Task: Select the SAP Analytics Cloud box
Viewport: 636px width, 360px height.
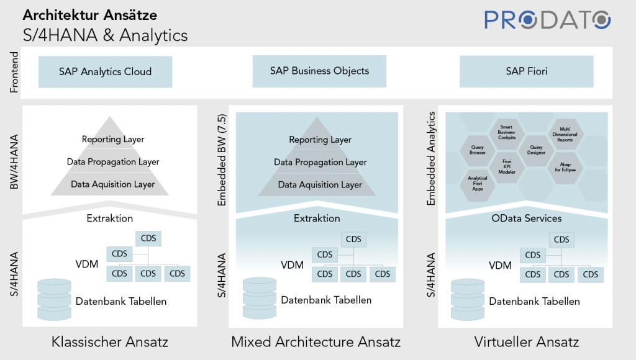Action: (x=106, y=71)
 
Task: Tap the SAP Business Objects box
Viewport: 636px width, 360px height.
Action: (x=319, y=71)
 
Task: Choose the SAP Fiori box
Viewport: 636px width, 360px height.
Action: (x=526, y=71)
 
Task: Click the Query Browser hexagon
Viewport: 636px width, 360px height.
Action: (x=478, y=149)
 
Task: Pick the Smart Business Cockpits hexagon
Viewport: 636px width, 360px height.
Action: (x=507, y=132)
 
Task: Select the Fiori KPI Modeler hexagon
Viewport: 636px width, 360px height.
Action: (x=507, y=166)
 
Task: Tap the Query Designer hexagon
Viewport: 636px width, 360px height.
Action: (x=535, y=149)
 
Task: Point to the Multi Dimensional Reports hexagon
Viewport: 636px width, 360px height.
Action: (x=565, y=133)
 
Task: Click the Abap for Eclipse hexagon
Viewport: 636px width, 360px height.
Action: (x=565, y=166)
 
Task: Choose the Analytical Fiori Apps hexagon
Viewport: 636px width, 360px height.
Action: (x=478, y=183)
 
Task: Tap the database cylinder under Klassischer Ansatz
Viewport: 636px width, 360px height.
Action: (x=55, y=295)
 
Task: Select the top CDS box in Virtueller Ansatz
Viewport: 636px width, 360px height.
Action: (x=561, y=240)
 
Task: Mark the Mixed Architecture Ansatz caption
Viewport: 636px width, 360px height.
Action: (x=316, y=341)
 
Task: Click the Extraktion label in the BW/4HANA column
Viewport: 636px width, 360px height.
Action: (x=110, y=218)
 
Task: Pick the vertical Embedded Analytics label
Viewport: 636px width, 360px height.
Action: (x=430, y=158)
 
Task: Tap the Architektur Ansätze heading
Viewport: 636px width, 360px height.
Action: (x=90, y=14)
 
